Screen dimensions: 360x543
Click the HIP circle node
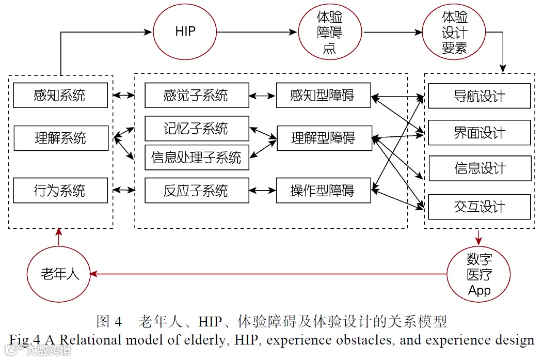(185, 32)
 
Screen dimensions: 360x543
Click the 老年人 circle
(59, 274)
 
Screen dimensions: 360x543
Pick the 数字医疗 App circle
(479, 274)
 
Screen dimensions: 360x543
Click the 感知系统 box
(60, 96)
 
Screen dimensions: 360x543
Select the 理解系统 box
(60, 138)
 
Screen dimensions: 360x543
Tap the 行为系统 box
(60, 191)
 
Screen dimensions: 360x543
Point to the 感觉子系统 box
(196, 96)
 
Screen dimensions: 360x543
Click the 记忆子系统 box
(196, 129)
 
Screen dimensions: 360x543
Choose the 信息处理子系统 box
(196, 158)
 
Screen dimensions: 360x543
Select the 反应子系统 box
(196, 191)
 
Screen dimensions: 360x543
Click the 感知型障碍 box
(323, 96)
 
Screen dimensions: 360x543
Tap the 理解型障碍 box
(324, 138)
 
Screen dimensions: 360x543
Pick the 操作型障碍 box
(323, 191)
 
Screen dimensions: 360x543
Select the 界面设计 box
(480, 133)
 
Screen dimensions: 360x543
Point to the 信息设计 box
(480, 168)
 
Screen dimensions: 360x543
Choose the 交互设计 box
(480, 207)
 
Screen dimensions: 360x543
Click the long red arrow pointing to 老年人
(268, 274)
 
